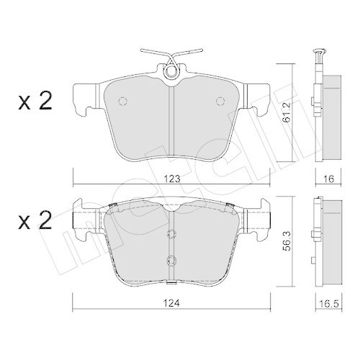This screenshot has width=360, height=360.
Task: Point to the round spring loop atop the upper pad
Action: (x=171, y=70)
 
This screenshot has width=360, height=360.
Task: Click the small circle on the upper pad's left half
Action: (x=122, y=100)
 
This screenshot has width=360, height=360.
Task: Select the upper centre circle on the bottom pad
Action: (x=171, y=234)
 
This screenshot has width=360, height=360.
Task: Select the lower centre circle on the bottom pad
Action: (x=171, y=260)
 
